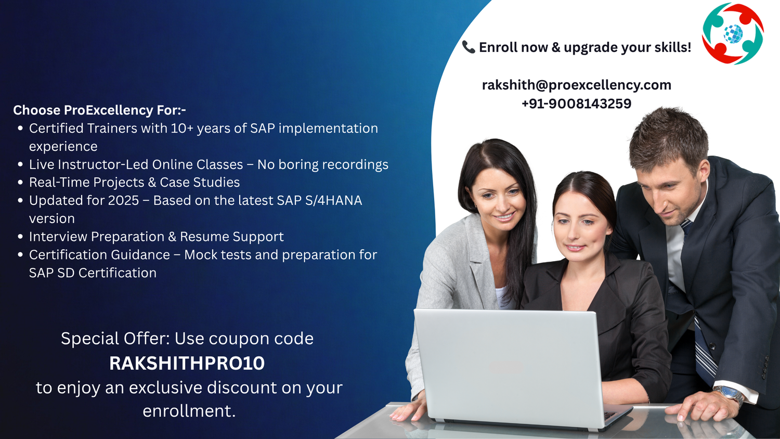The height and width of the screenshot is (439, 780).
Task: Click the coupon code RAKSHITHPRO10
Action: pyautogui.click(x=187, y=363)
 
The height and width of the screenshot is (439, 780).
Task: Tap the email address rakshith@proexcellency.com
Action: pyautogui.click(x=576, y=85)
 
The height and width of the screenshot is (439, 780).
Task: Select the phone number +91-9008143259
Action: pyautogui.click(x=576, y=104)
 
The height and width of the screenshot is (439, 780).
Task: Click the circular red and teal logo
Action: pyautogui.click(x=733, y=34)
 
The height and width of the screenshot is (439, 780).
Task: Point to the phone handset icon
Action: pyautogui.click(x=469, y=47)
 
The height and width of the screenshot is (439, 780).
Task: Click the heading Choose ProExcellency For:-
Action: pyautogui.click(x=99, y=110)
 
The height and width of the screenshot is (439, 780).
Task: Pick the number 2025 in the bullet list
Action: pyautogui.click(x=123, y=200)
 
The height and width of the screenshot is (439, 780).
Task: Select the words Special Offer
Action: pyautogui.click(x=115, y=339)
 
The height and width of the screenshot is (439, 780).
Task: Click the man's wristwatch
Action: pyautogui.click(x=730, y=394)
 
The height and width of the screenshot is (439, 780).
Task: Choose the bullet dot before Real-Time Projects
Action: pyautogui.click(x=20, y=183)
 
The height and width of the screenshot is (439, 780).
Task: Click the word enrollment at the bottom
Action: pyautogui.click(x=189, y=411)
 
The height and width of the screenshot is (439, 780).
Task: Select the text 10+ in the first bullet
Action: pyautogui.click(x=182, y=128)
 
